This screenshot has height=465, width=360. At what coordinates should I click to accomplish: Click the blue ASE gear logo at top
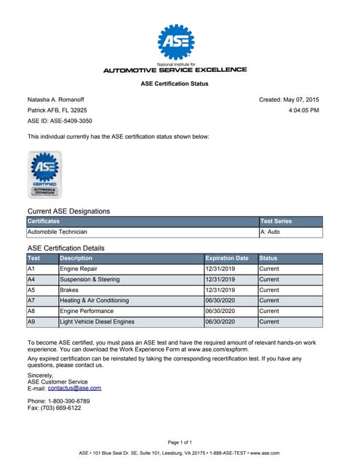pos(175,42)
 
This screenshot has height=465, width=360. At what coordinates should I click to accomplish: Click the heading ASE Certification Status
pos(175,84)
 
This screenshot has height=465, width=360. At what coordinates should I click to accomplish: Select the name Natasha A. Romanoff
pos(56,99)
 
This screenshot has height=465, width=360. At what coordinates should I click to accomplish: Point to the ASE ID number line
pos(60,121)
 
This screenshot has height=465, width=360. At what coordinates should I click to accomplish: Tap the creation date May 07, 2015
pos(300,99)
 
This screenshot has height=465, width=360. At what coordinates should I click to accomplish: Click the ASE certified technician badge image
pos(44,174)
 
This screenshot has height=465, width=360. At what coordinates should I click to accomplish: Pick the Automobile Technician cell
pos(57,232)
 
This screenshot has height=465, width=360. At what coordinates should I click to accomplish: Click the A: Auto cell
pos(271,232)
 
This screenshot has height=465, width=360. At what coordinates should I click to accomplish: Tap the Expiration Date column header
pos(228,258)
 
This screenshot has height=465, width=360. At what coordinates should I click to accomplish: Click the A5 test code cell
pos(31,289)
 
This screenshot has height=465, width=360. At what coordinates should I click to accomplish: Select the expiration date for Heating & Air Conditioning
pos(221,300)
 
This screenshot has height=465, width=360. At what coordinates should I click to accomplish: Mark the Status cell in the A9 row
pos(269,321)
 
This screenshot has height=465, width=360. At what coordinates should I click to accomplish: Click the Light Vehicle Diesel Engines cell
pos(97,321)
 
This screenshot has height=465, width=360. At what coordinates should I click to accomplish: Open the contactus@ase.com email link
pos(74,388)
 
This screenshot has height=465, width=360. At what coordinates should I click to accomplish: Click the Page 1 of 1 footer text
pos(180,442)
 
